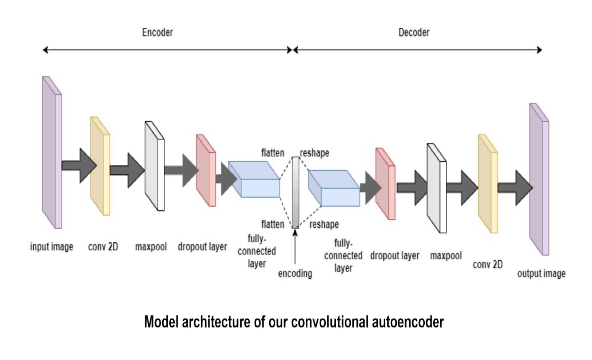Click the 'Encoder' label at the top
click(157, 32)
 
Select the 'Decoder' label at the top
click(414, 32)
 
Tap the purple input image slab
click(52, 154)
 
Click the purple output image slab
click(539, 180)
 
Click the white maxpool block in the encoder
click(154, 167)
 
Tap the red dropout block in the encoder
click(206, 171)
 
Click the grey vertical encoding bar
click(295, 192)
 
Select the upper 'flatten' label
click(272, 153)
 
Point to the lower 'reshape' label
click(324, 224)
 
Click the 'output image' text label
click(541, 274)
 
